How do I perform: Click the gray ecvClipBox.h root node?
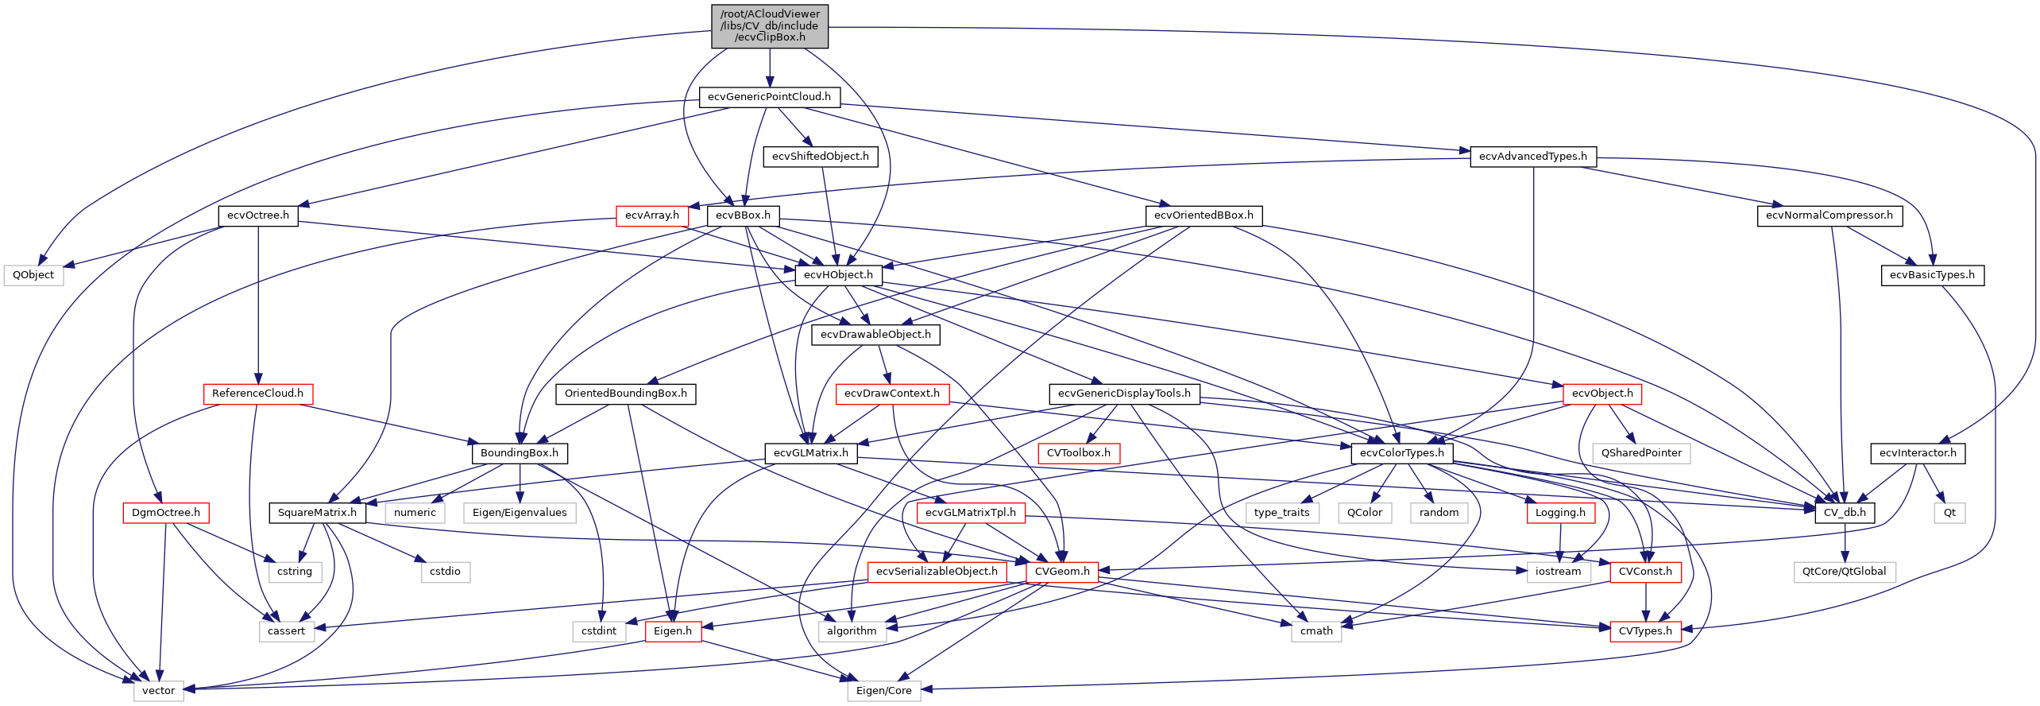769,25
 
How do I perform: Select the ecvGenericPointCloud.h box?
769,97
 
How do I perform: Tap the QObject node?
33,275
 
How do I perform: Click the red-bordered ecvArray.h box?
651,215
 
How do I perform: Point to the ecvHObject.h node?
838,275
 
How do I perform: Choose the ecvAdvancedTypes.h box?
1532,157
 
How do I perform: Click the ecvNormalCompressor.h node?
1829,215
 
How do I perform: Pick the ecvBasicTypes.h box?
1932,275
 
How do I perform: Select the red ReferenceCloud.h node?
257,394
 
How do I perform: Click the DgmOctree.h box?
165,513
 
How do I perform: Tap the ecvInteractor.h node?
1917,453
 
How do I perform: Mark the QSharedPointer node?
1641,453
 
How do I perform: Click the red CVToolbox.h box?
1078,453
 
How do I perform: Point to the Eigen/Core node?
883,691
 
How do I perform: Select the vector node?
158,691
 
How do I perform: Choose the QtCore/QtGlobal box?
1844,572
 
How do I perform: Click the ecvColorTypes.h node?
1401,453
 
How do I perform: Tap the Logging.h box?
1559,513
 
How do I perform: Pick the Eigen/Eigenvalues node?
520,513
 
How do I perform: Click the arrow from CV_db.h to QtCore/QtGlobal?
1845,542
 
